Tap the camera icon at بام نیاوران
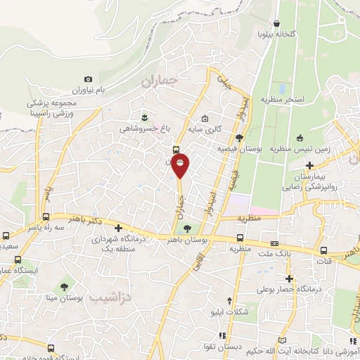point(88,79)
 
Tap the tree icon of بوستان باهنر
point(187,228)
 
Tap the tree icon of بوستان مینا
point(65,285)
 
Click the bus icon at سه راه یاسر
point(46,217)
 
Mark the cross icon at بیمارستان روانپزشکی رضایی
point(310,165)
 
